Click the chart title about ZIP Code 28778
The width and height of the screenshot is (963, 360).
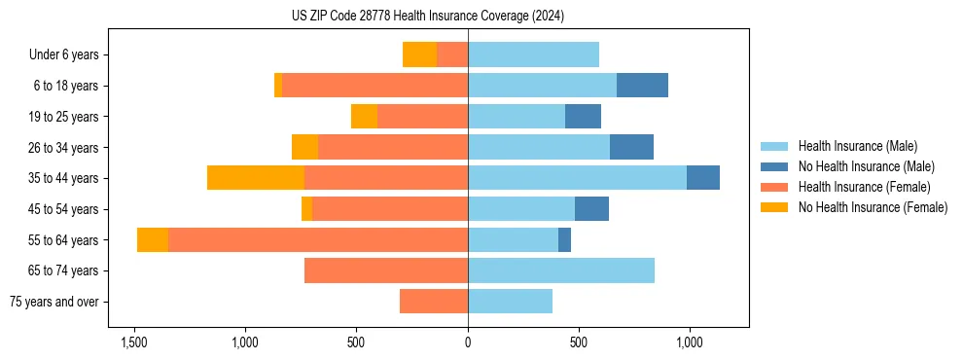[x=428, y=17]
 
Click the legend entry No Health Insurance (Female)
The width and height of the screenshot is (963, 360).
[x=873, y=207]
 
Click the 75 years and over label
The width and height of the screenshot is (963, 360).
[x=53, y=302]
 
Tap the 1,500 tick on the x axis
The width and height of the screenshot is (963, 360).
[x=133, y=342]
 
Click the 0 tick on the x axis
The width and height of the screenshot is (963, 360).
[x=468, y=342]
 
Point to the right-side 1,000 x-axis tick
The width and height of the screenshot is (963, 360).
[x=690, y=342]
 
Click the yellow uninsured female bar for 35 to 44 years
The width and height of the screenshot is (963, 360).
[x=256, y=178]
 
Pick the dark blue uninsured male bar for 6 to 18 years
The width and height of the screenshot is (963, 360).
[x=642, y=86]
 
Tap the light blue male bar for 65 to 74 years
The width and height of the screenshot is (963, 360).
[x=561, y=270]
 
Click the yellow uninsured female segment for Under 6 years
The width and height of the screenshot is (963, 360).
[x=419, y=54]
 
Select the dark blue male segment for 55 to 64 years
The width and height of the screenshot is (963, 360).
[x=564, y=239]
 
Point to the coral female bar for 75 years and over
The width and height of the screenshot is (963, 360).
[x=434, y=302]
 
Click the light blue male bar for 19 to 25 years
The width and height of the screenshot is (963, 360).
[x=517, y=117]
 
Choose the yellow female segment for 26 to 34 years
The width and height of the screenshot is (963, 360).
[x=304, y=147]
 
